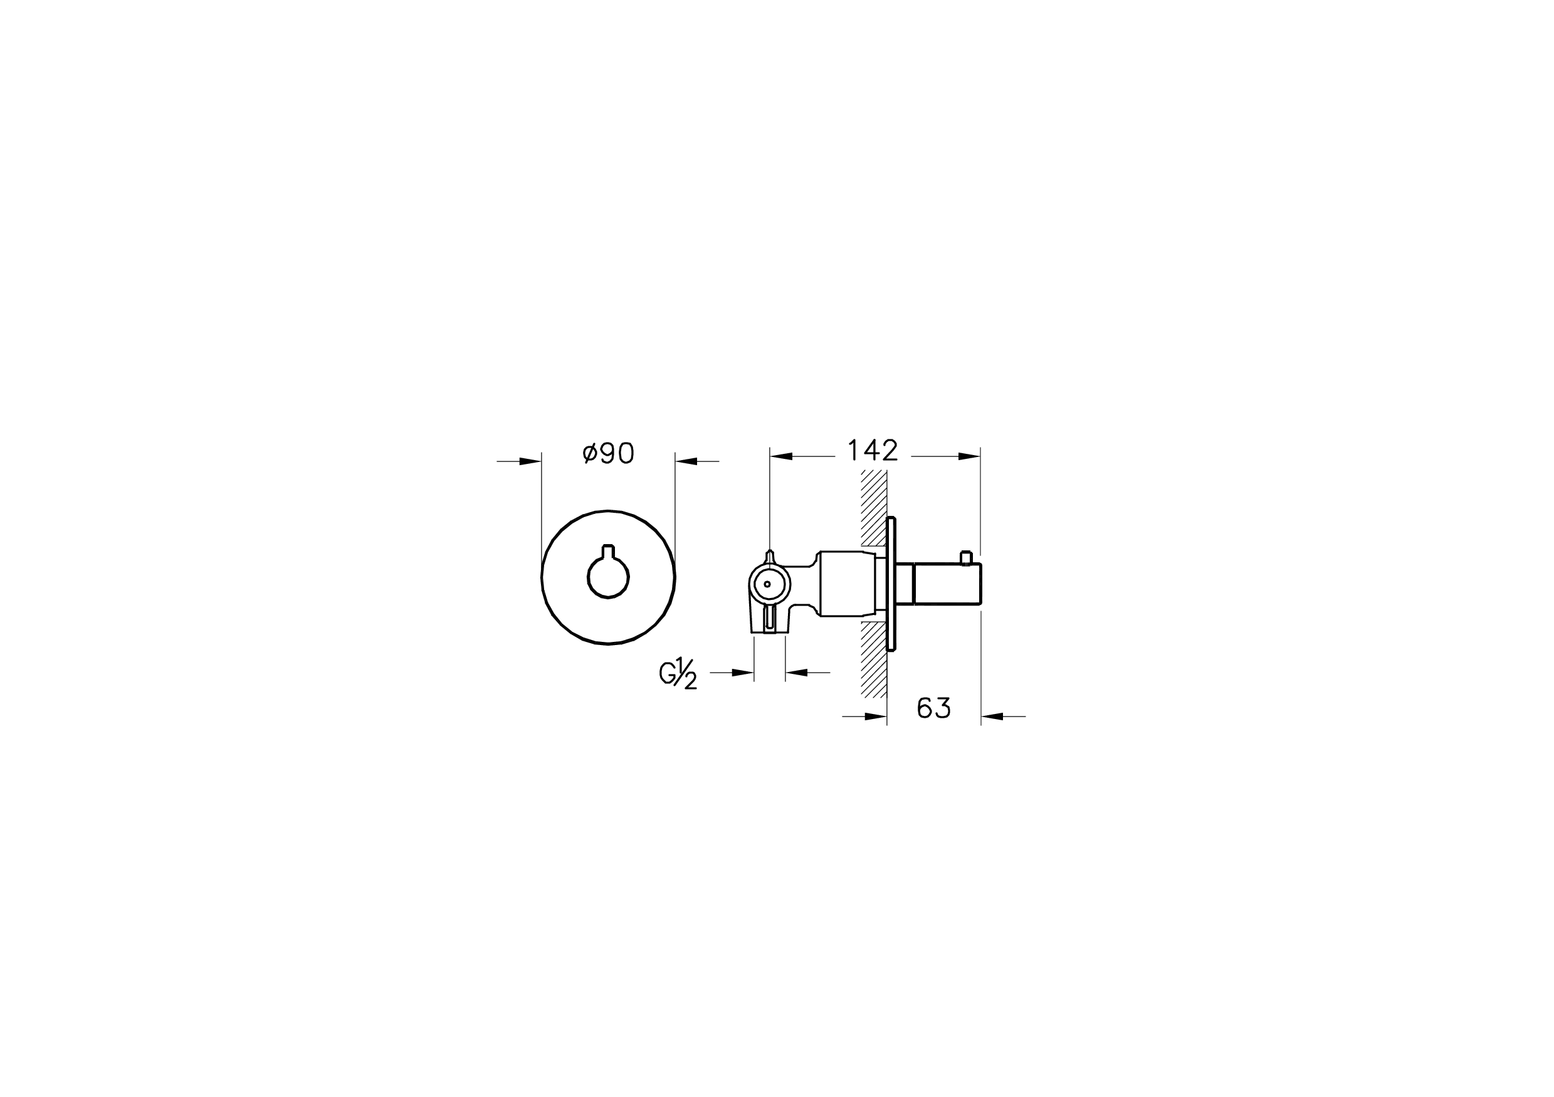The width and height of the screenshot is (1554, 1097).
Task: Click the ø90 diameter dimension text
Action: coord(608,453)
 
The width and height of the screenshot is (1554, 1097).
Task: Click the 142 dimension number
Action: coord(873,451)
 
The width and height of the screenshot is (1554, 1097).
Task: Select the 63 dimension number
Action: coord(933,708)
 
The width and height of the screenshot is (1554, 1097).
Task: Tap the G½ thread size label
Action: coord(678,674)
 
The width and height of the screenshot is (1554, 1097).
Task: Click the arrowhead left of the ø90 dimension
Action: coord(530,461)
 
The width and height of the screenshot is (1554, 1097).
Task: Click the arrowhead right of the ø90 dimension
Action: coord(686,461)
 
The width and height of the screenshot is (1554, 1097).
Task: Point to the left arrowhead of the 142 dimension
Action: coord(781,457)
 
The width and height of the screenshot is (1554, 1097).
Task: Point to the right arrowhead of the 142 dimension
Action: coord(969,457)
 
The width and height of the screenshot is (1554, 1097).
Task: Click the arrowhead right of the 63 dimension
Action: coord(992,716)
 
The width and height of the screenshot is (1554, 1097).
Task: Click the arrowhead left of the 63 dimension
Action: coord(876,716)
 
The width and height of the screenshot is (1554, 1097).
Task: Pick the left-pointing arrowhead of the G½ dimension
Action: coord(797,673)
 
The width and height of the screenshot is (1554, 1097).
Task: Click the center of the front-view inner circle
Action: coord(609,577)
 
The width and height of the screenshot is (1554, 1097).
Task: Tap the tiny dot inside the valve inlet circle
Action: coord(767,584)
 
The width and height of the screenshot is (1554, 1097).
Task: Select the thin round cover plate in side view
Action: coord(891,584)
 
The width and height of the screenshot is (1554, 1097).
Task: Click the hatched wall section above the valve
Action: coord(874,508)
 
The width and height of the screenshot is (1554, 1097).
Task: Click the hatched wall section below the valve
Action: coord(874,660)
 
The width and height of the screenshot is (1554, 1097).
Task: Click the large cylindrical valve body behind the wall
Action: coord(846,584)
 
